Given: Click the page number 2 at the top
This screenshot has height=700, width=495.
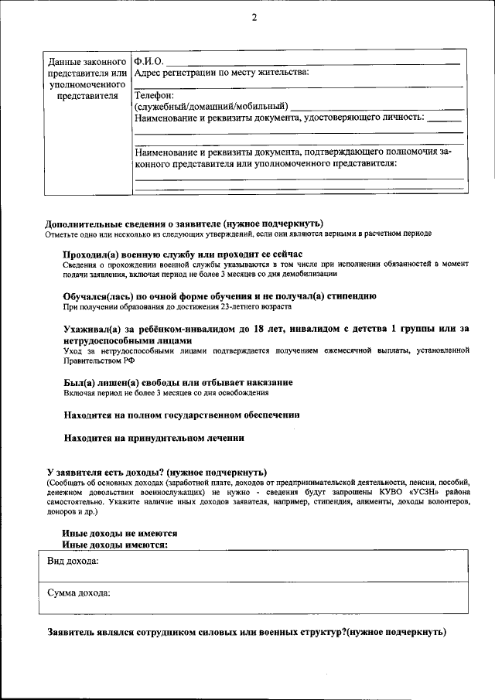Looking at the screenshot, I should pos(253,19).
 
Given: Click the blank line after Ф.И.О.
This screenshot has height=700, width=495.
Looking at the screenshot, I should pos(313,62).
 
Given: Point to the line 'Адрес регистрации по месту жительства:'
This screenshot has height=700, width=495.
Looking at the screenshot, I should pos(221,73).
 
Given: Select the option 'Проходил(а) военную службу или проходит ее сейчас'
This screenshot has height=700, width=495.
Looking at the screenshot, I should pos(182,254).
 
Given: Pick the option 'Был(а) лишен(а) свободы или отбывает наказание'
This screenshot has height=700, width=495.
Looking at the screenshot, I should pos(177,382).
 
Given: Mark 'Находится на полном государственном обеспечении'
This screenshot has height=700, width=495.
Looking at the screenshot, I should pos(182,415).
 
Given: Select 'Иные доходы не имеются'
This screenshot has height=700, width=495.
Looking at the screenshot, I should pos(120,534).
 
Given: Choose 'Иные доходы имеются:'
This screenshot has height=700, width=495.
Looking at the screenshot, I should pos(114,545).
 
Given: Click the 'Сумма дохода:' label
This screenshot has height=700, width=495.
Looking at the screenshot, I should pos(78,593).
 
